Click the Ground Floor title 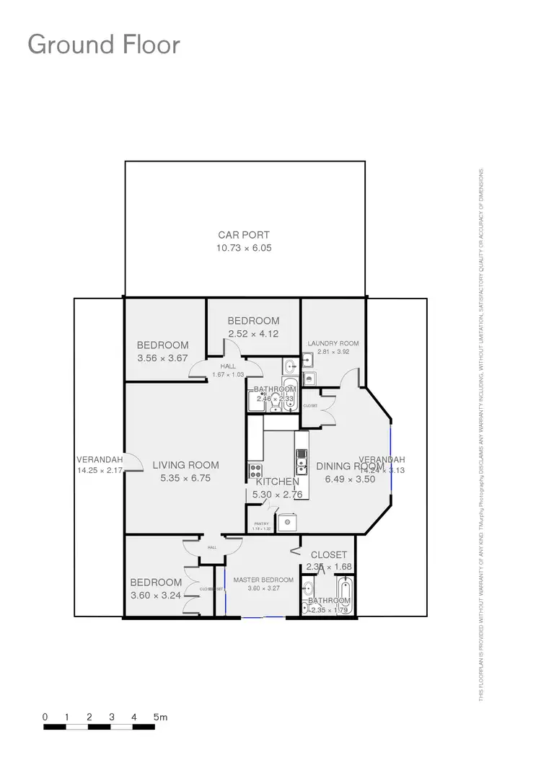coord(103,45)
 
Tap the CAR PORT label coord(244,235)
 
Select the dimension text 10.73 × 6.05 coord(244,248)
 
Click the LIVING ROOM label coord(185,465)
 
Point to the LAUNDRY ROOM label coord(333,344)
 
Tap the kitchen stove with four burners coord(255,472)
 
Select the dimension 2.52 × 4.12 coord(253,334)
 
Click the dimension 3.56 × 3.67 coord(162,358)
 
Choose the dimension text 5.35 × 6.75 coord(185,478)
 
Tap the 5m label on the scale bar coord(160,717)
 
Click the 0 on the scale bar coord(45,717)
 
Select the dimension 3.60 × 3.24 coord(156,596)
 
